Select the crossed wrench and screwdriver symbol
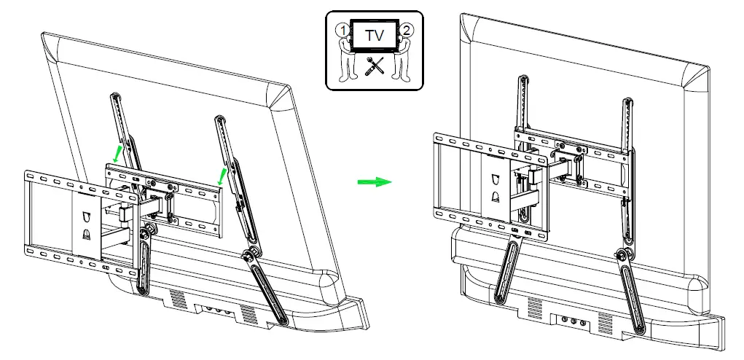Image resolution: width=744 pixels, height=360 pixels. [372, 68]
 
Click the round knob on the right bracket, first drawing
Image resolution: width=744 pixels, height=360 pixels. [249, 256]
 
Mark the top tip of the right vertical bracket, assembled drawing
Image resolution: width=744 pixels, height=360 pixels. [626, 96]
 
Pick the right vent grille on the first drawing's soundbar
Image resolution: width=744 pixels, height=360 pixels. [248, 316]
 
